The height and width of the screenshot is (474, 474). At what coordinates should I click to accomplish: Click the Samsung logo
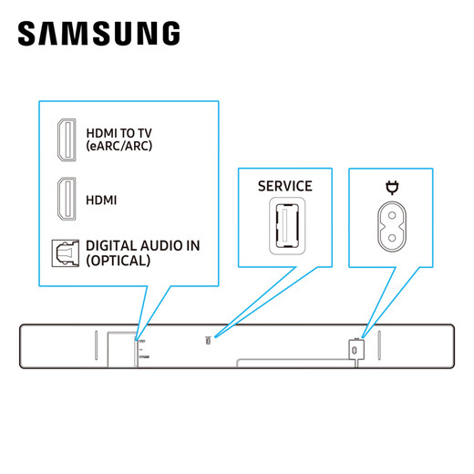click(98, 35)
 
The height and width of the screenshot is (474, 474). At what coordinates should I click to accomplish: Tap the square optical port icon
click(66, 252)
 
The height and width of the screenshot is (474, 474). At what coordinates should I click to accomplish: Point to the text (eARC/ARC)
click(119, 146)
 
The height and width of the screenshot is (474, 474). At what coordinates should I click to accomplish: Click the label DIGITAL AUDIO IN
click(142, 246)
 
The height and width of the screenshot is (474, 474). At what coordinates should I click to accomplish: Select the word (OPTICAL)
click(118, 261)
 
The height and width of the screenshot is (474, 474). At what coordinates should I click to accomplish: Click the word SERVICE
click(284, 186)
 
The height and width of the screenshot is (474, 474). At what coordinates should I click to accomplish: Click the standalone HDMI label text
click(101, 199)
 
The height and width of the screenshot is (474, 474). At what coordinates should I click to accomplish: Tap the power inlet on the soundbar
click(355, 347)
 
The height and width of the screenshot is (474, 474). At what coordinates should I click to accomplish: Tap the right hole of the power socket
click(402, 224)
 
